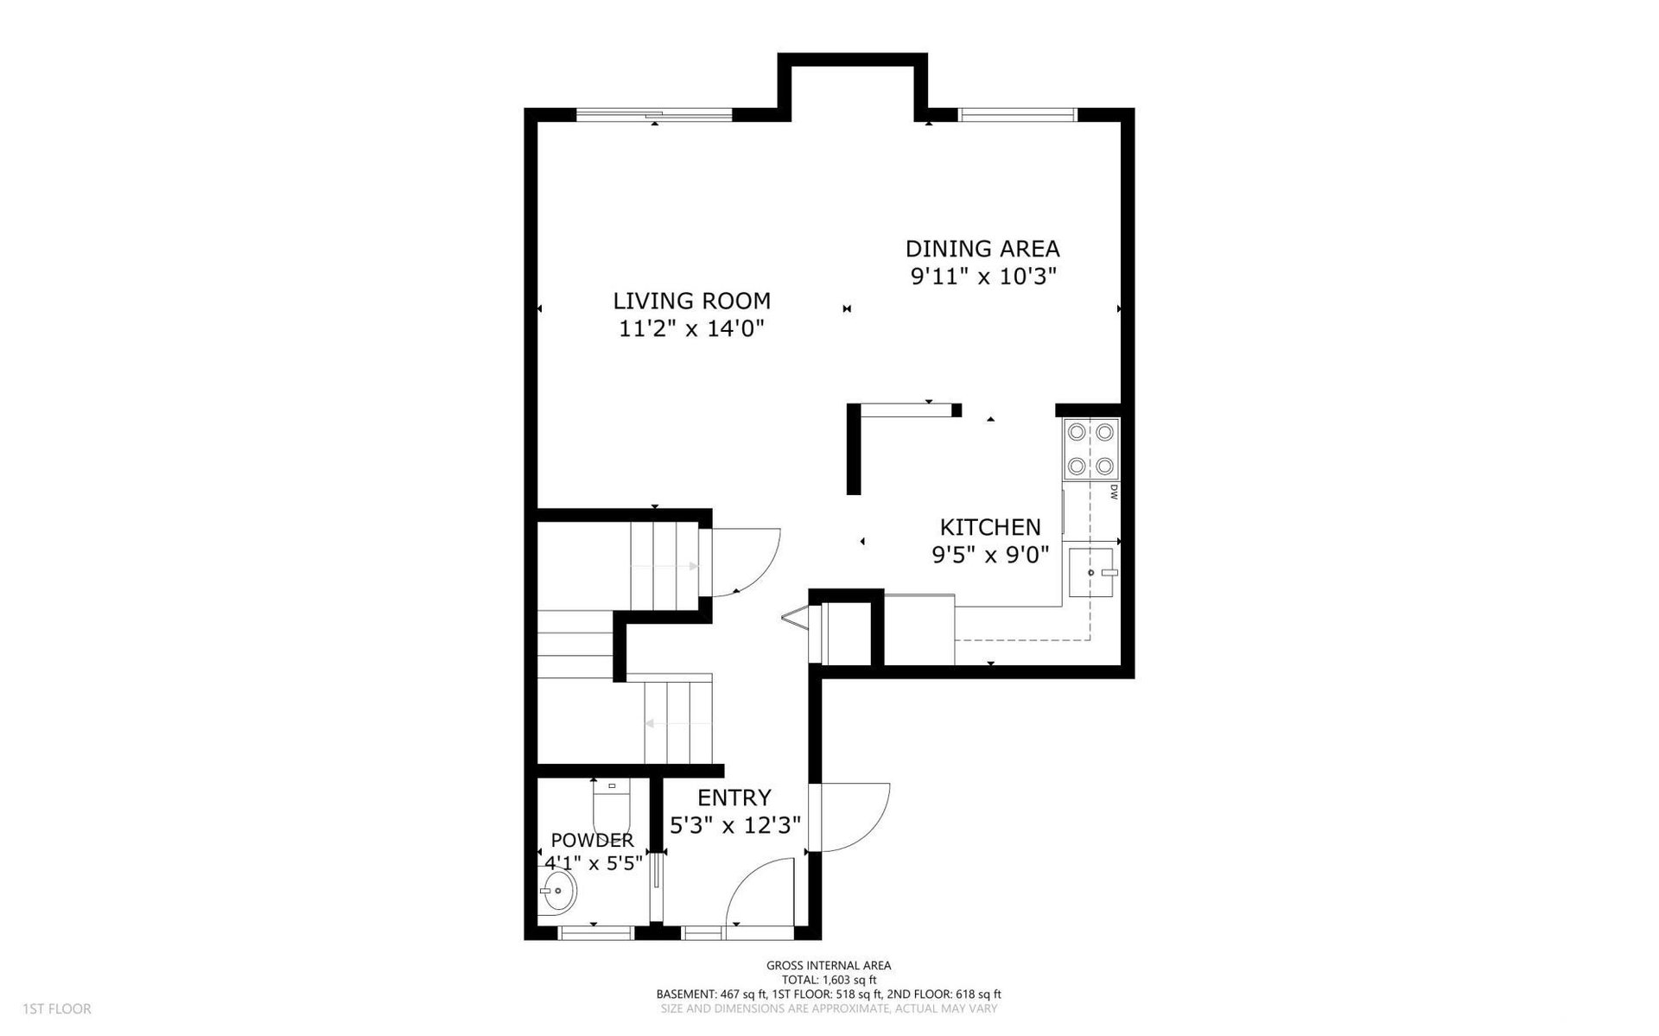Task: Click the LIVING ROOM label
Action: pos(691,301)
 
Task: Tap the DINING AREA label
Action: pos(982,249)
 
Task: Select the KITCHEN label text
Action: pos(990,527)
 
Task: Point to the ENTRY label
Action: pos(734,798)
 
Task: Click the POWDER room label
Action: pos(593,840)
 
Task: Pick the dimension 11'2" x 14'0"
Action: pos(692,329)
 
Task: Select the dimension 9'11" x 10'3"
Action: pos(983,277)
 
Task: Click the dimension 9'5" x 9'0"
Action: pos(990,555)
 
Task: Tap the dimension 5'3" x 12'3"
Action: pos(735,825)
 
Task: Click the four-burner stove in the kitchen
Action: pos(1090,449)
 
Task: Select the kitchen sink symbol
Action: pos(1091,572)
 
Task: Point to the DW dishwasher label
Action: pos(1114,493)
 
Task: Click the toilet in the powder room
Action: pos(612,805)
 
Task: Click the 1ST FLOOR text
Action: pos(57,1008)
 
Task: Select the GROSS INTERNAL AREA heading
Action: pos(829,965)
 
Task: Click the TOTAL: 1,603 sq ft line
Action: pos(829,979)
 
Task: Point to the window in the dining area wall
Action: pos(1018,114)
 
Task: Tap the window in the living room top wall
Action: pos(654,114)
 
